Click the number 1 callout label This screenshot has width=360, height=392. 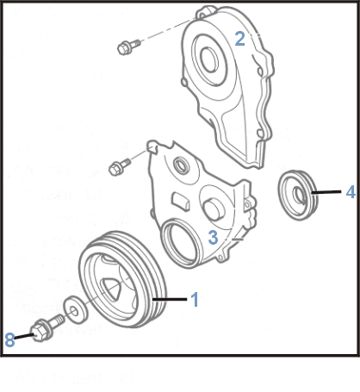(195, 300)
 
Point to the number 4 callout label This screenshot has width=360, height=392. (350, 193)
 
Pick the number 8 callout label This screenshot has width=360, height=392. (9, 341)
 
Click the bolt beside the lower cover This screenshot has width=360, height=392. (118, 165)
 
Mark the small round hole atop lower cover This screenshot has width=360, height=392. (179, 165)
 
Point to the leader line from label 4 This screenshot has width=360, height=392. (330, 194)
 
